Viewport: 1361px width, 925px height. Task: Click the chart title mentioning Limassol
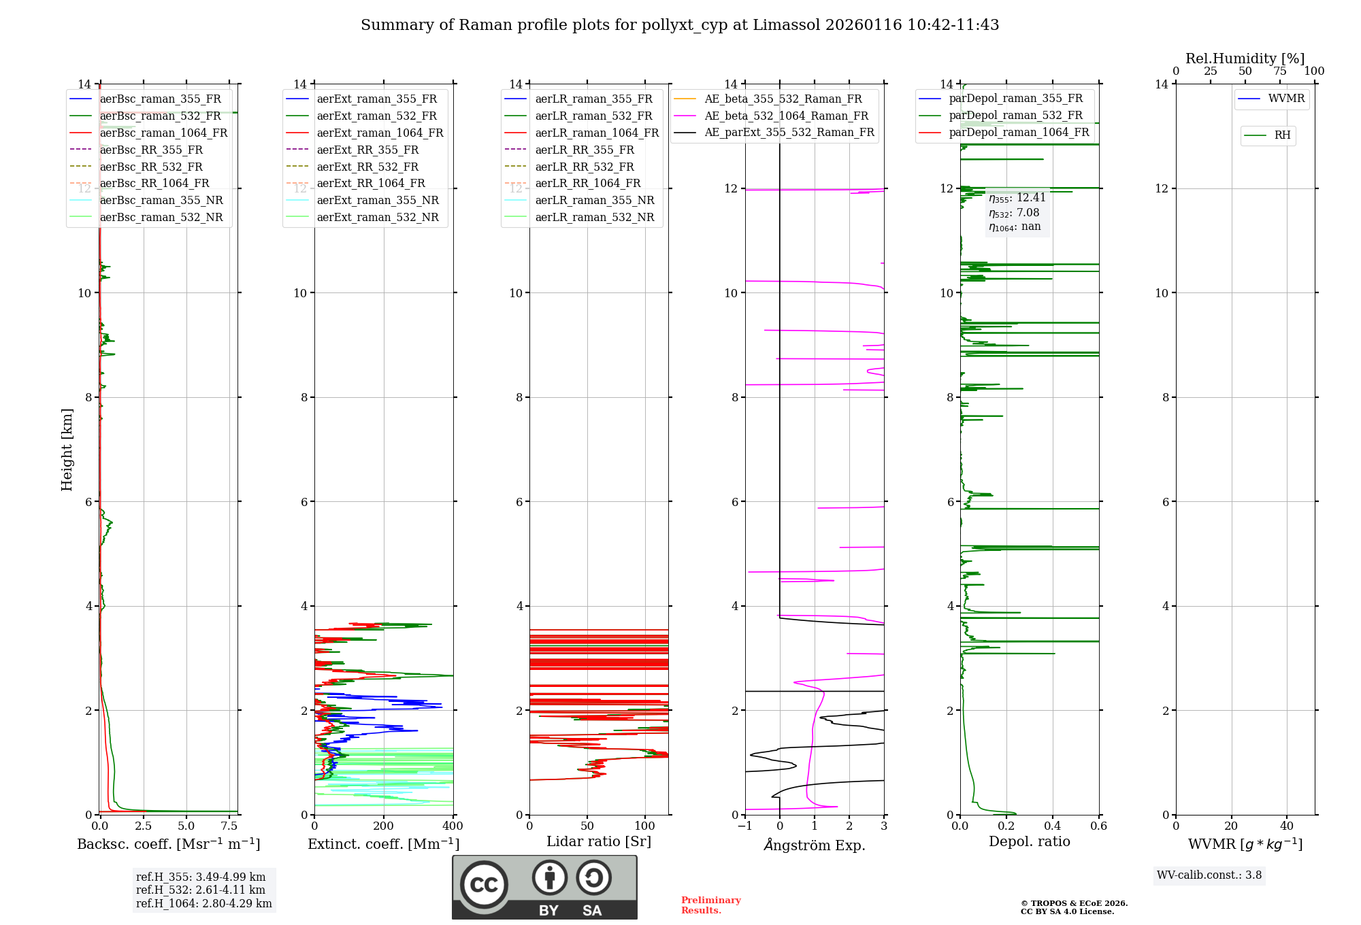click(x=680, y=25)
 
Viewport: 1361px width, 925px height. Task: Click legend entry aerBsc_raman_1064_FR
click(x=163, y=133)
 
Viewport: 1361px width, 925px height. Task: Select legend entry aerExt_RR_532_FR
click(x=367, y=167)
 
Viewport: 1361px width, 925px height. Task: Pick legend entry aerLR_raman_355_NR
click(x=594, y=200)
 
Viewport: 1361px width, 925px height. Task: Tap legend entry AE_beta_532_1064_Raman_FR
click(x=786, y=116)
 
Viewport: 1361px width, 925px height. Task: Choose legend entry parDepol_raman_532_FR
click(x=1015, y=116)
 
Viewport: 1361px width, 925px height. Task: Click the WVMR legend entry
click(x=1285, y=99)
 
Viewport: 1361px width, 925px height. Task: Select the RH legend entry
click(x=1281, y=135)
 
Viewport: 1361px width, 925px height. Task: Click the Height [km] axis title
click(x=67, y=449)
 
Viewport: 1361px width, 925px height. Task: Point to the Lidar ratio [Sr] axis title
click(x=599, y=841)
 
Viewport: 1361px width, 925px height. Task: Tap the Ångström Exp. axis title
click(x=815, y=845)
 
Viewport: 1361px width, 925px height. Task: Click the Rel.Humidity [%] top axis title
click(x=1245, y=58)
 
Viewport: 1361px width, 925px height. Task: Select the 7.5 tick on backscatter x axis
click(x=229, y=826)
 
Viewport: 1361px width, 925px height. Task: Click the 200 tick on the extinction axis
click(x=384, y=826)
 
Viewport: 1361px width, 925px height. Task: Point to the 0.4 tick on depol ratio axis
click(x=1053, y=826)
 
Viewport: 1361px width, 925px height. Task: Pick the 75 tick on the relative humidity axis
click(x=1279, y=71)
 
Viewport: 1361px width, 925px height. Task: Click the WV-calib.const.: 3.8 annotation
click(x=1209, y=875)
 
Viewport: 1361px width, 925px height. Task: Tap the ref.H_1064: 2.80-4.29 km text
click(x=204, y=903)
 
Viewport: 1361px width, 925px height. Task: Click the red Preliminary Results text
click(x=710, y=905)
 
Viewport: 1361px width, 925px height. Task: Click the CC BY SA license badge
click(x=544, y=887)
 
